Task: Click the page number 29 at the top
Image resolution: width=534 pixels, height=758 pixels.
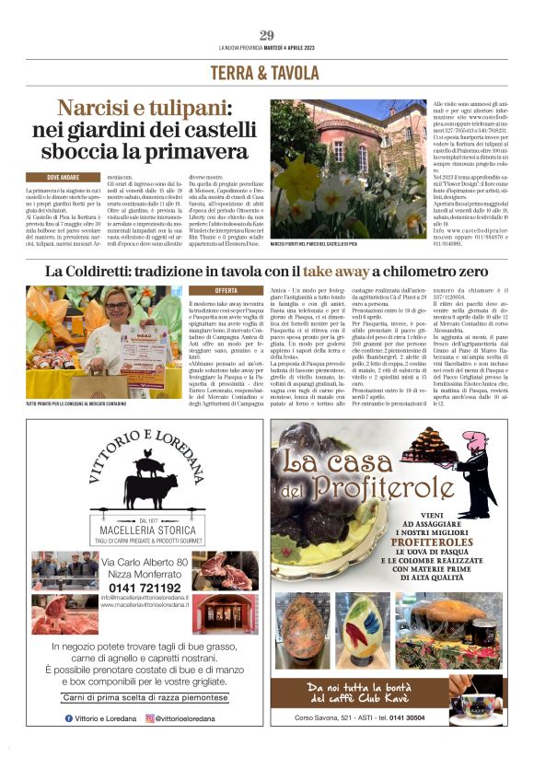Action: click(x=266, y=35)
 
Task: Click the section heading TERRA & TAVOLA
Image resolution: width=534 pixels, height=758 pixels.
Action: click(x=266, y=73)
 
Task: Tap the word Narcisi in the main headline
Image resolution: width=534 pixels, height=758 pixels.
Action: click(x=94, y=110)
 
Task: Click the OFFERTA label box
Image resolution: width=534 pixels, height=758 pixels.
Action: click(x=226, y=290)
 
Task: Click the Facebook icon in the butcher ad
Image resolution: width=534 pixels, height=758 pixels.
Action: click(x=69, y=718)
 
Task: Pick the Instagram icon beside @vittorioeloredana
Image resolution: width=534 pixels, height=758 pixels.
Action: click(x=150, y=718)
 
